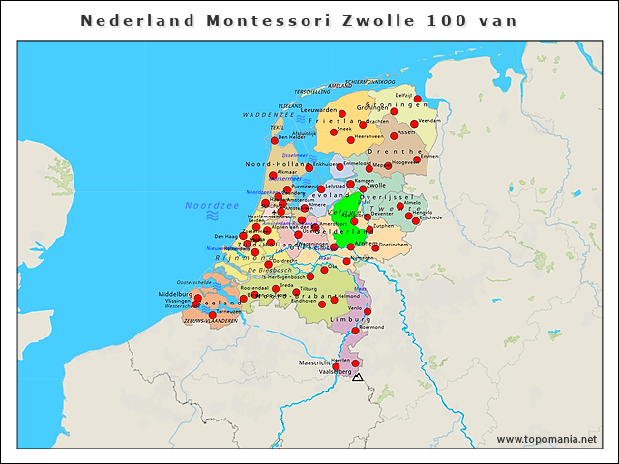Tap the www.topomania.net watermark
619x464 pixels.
point(546,439)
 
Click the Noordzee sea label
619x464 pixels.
point(212,205)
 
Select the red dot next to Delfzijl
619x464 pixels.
point(418,99)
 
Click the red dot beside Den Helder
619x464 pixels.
point(275,140)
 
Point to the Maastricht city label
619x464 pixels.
point(314,362)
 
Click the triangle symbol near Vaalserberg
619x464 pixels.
point(358,376)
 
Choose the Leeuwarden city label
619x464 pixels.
point(318,110)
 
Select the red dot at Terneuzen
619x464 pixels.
point(213,315)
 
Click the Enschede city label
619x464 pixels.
point(429,217)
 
